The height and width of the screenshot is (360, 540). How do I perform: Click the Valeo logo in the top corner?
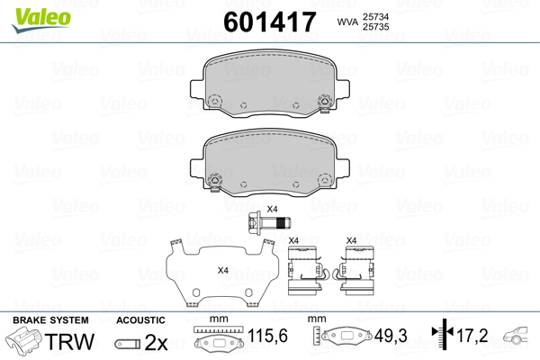coord(41,20)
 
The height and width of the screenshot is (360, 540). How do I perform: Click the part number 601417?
coord(270,22)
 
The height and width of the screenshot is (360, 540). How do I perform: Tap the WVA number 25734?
coord(375,16)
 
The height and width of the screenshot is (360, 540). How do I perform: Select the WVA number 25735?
coord(375,27)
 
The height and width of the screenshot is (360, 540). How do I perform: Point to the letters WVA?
coord(347,22)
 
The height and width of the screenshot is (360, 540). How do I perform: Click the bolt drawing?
coord(269,223)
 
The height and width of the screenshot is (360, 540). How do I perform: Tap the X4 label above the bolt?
coord(272,209)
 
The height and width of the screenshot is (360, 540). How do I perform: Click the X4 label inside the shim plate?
coord(223,270)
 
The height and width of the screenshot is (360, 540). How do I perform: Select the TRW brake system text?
coord(69,341)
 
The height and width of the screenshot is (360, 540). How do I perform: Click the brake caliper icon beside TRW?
coord(23,338)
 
